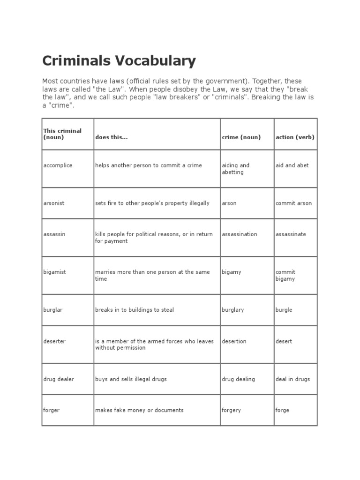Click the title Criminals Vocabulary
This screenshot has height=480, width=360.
tap(119, 61)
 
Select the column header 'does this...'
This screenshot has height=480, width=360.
tap(111, 137)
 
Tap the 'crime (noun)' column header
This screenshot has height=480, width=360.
tap(241, 137)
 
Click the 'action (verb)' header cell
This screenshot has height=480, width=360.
tap(295, 137)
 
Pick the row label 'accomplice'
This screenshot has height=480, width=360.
tap(58, 165)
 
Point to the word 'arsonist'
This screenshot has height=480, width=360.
tap(54, 203)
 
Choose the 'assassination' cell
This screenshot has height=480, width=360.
tap(240, 234)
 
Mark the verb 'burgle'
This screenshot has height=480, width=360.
tap(284, 310)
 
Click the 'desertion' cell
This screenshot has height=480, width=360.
tap(234, 341)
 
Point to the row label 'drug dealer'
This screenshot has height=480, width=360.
tap(59, 379)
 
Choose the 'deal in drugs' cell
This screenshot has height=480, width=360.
tap(292, 379)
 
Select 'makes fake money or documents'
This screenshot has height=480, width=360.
tap(139, 410)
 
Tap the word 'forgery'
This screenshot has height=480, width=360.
tap(231, 410)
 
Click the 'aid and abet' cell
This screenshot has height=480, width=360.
tap(292, 165)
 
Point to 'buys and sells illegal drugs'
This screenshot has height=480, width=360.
tap(131, 379)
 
